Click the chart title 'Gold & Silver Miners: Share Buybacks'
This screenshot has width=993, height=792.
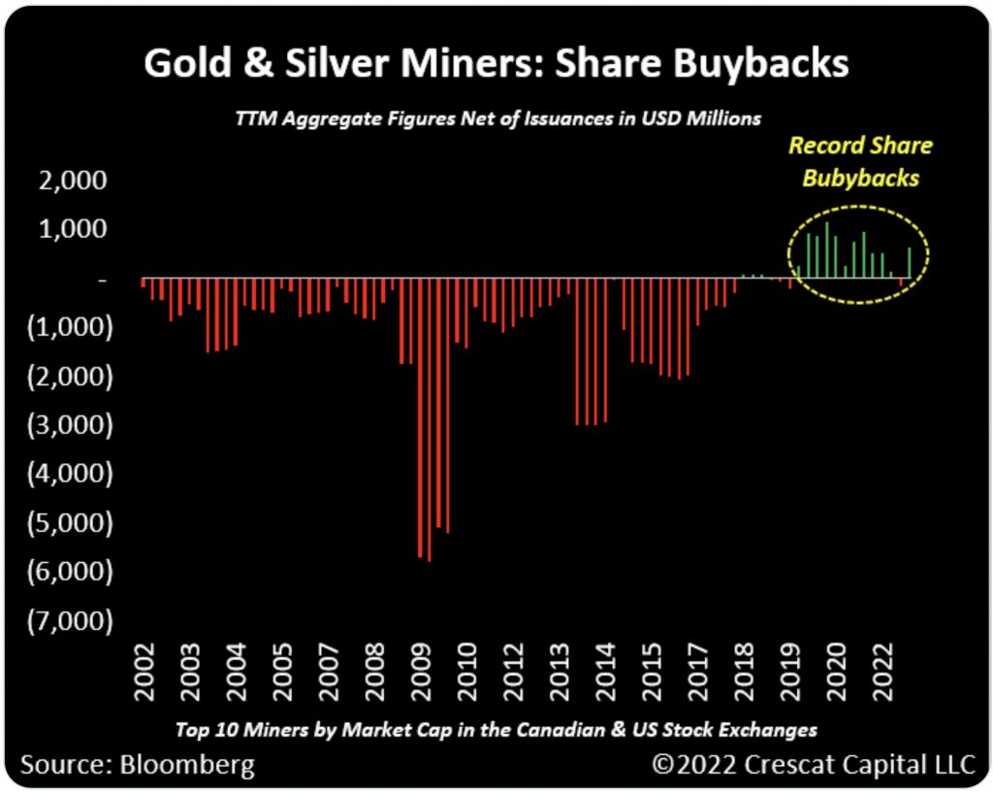click(496, 64)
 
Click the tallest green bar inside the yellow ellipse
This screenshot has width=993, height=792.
click(827, 250)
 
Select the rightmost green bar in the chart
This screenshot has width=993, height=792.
click(910, 263)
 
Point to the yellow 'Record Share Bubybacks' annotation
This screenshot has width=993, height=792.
click(859, 162)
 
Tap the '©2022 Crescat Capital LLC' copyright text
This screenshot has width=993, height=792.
click(813, 764)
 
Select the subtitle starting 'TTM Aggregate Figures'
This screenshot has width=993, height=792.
click(496, 118)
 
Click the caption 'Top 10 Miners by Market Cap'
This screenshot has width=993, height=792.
click(496, 730)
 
